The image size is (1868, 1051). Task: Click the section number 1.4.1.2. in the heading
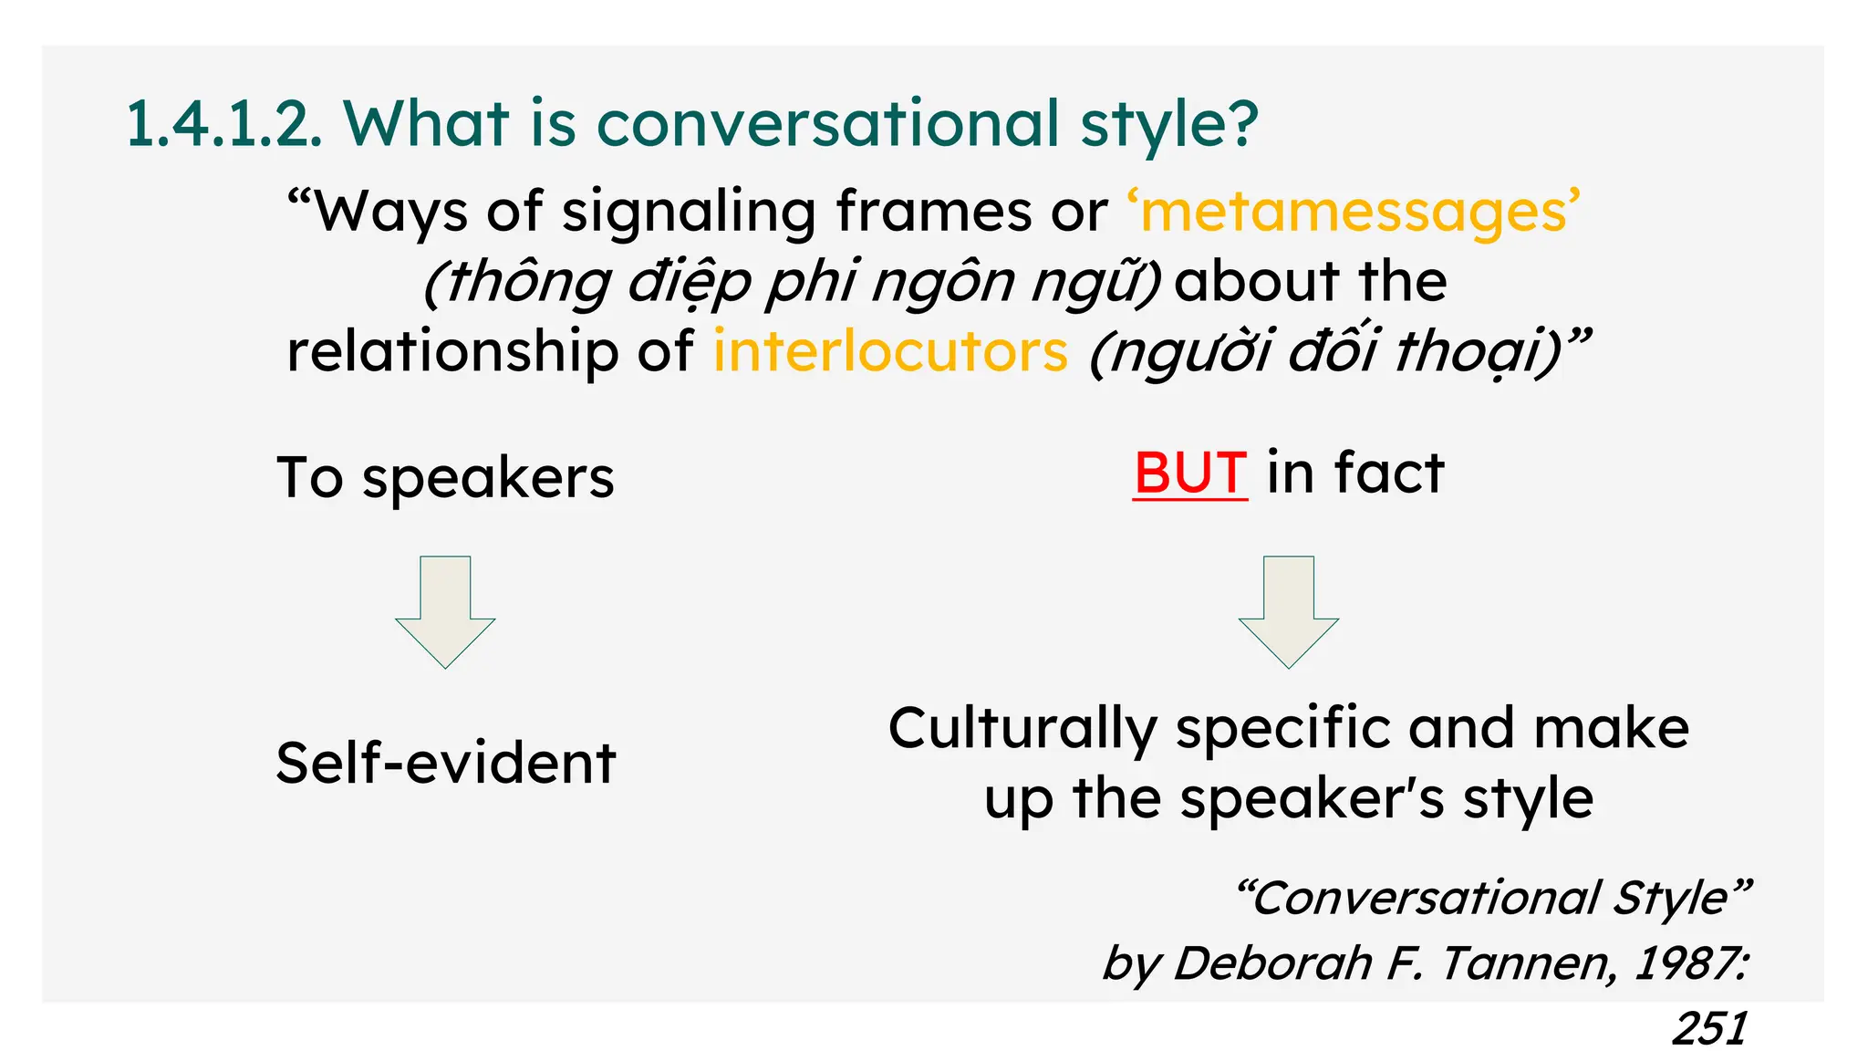click(223, 124)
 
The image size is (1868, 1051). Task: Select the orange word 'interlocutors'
click(890, 352)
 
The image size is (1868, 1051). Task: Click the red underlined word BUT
click(1189, 473)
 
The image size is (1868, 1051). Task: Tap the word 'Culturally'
click(1022, 730)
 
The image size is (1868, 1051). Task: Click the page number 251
click(1709, 1029)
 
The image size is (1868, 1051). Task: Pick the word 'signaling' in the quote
click(688, 213)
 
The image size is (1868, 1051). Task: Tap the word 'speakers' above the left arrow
click(488, 480)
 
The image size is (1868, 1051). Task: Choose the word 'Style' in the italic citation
click(1680, 900)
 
